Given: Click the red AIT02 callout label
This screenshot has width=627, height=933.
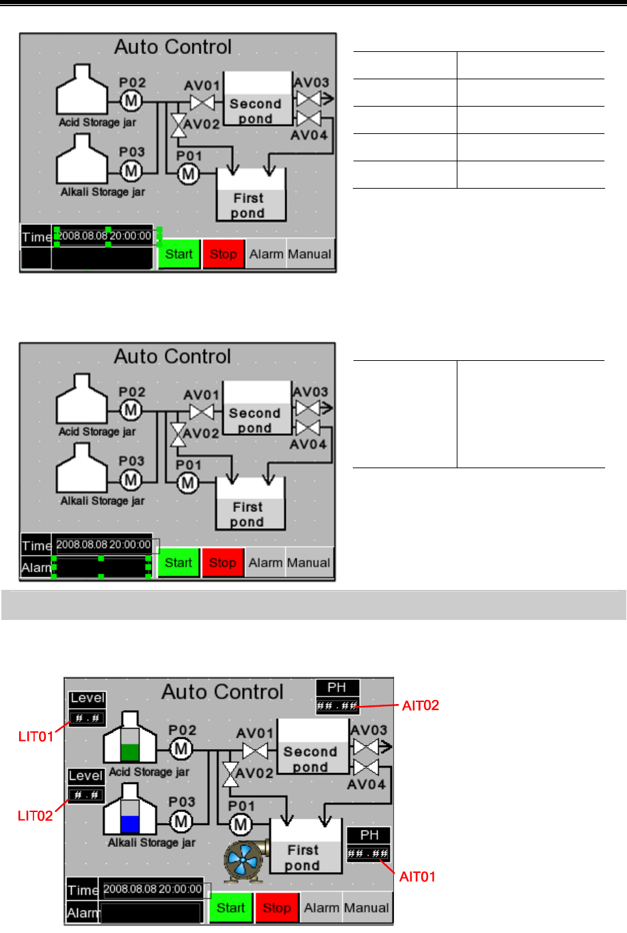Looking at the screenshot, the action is tap(420, 705).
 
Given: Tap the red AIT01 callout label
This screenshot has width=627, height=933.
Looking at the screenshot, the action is tap(417, 876).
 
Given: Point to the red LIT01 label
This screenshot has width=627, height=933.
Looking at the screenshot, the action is tap(36, 736).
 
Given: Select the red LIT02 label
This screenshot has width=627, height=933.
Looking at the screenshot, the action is tap(35, 815).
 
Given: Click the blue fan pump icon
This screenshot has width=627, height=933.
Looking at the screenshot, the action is tap(244, 859).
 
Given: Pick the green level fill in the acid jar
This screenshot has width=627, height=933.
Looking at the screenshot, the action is tap(129, 752).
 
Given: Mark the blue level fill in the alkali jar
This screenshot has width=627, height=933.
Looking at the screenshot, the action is tap(129, 824).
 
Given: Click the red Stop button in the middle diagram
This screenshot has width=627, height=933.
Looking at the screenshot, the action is tap(223, 563).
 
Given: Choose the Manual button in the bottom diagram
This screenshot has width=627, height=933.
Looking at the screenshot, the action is tap(366, 908).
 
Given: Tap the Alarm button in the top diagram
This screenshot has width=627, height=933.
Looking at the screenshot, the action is tap(266, 254).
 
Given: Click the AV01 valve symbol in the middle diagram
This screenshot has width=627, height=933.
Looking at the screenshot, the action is tap(201, 412).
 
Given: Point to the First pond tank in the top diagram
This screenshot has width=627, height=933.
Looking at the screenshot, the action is tap(249, 196).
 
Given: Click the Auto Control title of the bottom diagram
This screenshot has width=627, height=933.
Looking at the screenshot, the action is tap(222, 692).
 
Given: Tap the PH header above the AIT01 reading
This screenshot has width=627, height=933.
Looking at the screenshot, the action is tap(369, 835).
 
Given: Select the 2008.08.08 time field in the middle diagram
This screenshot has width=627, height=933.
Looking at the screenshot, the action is tap(103, 545).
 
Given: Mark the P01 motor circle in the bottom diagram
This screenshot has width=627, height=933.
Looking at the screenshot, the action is tap(241, 825).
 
